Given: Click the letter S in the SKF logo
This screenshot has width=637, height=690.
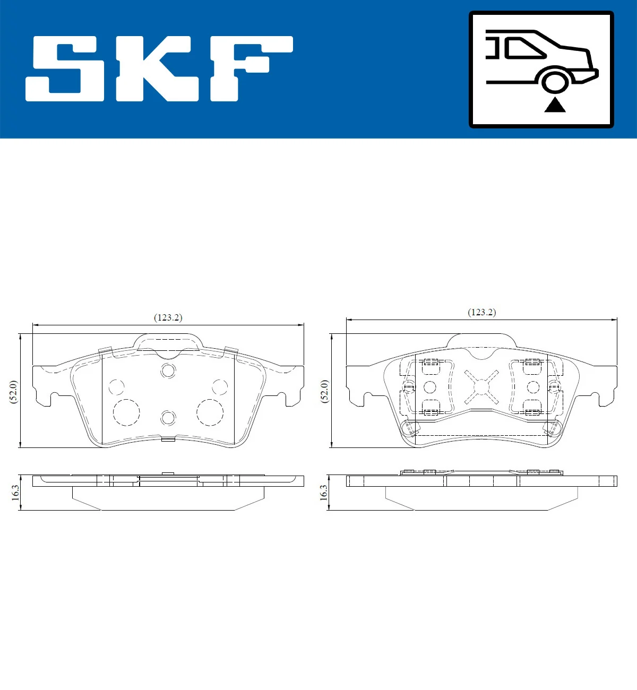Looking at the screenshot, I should click(x=65, y=68).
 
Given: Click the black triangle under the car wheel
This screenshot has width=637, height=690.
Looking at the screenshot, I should click(x=555, y=105).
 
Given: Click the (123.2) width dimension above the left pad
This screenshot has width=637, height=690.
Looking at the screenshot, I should click(x=168, y=317).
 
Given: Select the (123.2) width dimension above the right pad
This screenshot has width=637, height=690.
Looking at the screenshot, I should click(x=481, y=312).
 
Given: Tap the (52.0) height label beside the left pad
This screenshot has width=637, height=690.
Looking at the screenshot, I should click(x=14, y=391).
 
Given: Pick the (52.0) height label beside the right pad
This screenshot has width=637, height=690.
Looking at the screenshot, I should click(x=325, y=391).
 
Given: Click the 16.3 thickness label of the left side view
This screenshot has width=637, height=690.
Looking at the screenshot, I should click(x=15, y=493).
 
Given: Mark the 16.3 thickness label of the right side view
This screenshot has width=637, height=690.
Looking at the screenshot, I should click(x=324, y=493).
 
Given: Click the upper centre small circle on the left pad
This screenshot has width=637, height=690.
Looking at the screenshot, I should click(x=168, y=370).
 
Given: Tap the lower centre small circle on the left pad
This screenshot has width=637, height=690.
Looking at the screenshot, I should click(x=168, y=418).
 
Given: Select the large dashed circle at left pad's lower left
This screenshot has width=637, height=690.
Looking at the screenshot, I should click(x=126, y=412).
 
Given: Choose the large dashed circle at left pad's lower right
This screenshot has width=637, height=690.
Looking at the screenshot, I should click(x=210, y=412).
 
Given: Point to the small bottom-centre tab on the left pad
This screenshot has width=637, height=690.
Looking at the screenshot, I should click(x=168, y=439).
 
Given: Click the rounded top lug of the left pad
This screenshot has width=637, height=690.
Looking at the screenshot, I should click(x=168, y=341).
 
